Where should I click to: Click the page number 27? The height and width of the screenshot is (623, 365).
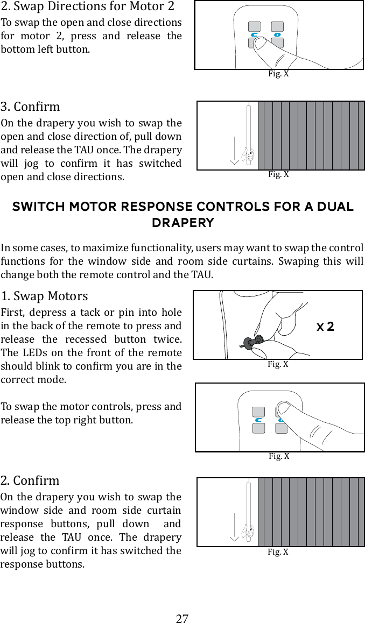coord(182,618)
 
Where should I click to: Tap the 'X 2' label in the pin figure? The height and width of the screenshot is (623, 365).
coord(325,327)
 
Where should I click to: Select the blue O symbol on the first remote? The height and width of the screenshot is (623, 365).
coord(277,35)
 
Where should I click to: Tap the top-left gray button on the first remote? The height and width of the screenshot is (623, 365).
coord(254,27)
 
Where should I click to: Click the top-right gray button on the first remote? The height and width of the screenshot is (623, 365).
coord(277,27)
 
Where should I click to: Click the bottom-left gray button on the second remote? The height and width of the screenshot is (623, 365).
coord(258,428)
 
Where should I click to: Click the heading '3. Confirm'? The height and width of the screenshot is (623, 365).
coord(30,107)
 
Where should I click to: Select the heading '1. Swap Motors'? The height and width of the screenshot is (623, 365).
coord(44,296)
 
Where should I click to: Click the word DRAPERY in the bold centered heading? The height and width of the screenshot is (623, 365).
coord(182,223)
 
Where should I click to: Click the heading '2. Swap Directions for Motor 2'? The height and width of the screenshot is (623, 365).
coord(87,7)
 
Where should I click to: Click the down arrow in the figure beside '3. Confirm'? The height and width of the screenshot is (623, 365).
coord(234,151)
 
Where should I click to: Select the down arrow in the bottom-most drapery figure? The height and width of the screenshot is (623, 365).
coord(234,527)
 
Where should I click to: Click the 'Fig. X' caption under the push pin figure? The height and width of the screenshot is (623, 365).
coord(278,364)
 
